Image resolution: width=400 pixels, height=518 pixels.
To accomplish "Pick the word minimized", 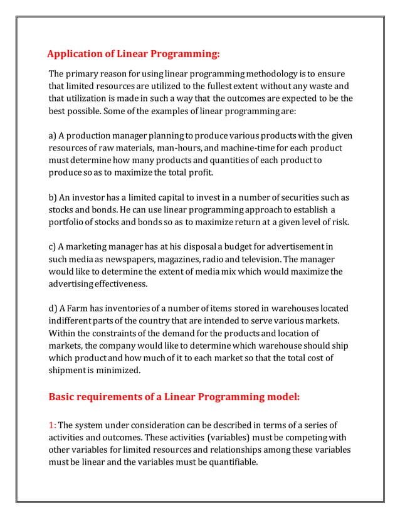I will (117, 370).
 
